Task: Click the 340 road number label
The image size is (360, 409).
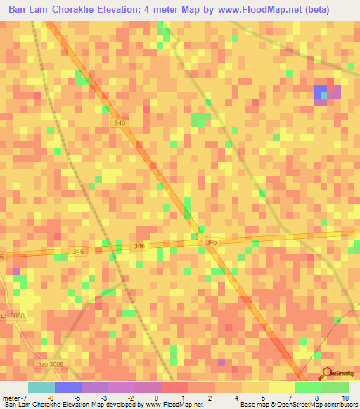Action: [x=120, y=123]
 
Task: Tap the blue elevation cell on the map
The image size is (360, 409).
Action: [x=321, y=91]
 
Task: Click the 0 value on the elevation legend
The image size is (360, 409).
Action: [x=155, y=398]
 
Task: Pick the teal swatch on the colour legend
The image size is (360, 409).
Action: [x=41, y=387]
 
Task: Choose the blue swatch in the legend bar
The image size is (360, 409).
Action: [x=67, y=387]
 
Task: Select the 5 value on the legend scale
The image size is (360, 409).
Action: [x=262, y=398]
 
